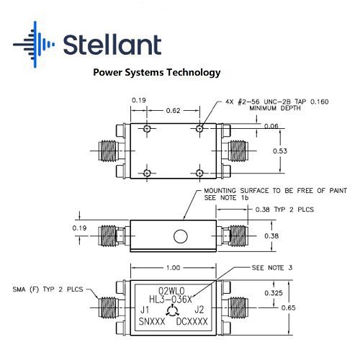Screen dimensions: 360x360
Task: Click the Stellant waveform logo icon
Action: pos(34,45)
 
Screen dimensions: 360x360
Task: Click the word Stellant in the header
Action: pos(112,45)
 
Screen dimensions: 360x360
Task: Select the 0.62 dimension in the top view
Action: pos(173,111)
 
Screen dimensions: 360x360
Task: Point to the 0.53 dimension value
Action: pos(280,151)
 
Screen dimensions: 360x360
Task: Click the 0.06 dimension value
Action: pos(271,126)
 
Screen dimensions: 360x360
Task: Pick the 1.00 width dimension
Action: pos(173,268)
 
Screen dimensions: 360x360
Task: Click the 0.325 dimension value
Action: pos(274,293)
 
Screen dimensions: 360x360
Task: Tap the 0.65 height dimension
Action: pos(288,307)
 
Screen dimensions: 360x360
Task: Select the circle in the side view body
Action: pos(181,236)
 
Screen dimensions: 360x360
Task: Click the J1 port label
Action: pos(145,310)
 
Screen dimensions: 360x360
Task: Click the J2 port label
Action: pos(199,310)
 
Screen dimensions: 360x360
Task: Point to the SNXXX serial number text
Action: pos(152,322)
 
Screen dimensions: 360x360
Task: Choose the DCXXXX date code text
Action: pos(192,322)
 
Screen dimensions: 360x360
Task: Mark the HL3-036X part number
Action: pos(171,300)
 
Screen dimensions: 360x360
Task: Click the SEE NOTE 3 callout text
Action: pos(272,268)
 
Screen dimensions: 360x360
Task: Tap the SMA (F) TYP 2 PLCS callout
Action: pos(48,289)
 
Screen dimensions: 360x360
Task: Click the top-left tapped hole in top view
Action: pos(147,129)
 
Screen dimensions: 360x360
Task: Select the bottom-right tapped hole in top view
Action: pos(199,173)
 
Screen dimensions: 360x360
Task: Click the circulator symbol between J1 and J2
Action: pos(172,311)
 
